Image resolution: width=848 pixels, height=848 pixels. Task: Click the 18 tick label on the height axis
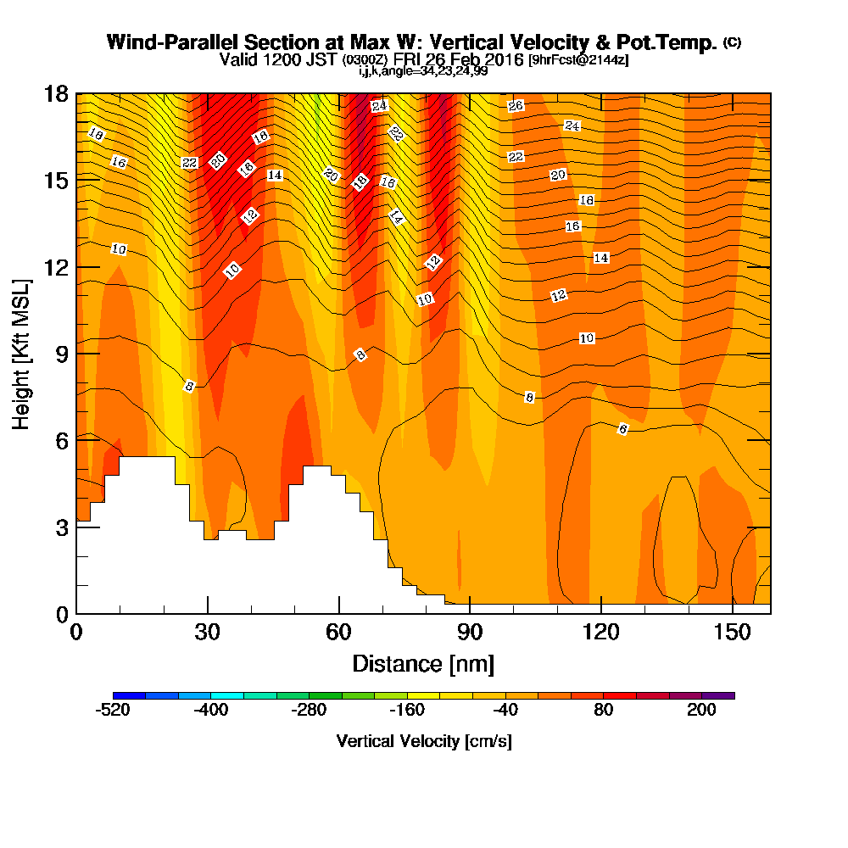56,94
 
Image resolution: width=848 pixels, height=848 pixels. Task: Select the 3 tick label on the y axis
62,527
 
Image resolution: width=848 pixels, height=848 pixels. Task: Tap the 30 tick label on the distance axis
208,633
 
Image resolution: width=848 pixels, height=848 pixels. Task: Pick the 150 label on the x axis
733,633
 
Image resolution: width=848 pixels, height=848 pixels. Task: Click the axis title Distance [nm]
423,664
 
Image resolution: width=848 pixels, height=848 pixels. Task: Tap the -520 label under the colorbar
113,710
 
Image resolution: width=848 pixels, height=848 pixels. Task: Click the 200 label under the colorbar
701,710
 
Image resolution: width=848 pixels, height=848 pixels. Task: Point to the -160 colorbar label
407,710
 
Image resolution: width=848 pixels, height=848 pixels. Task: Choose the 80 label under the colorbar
604,710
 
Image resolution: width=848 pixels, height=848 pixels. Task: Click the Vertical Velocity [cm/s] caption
424,741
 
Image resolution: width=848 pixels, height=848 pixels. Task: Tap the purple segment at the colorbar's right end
718,695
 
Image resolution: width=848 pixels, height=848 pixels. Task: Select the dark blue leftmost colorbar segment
129,695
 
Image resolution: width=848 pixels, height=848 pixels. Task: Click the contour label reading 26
516,105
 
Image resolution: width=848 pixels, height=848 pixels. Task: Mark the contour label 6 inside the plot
623,429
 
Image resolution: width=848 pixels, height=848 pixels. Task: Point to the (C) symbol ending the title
733,42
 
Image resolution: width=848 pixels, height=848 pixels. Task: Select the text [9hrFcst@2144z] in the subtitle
578,59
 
